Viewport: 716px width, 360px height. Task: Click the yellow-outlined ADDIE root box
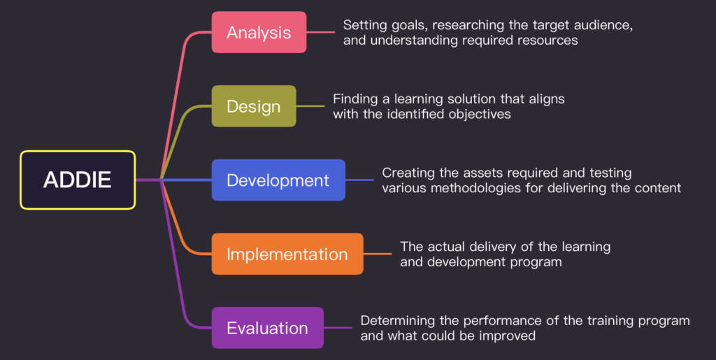(78, 180)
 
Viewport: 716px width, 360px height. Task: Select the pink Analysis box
(259, 32)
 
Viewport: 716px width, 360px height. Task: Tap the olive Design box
(253, 106)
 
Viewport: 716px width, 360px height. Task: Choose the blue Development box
(278, 180)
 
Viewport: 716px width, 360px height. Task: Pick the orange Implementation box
(287, 254)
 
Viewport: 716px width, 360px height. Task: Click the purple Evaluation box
(267, 328)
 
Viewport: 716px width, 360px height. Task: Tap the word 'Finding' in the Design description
(355, 99)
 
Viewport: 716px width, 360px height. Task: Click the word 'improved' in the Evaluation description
(509, 336)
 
